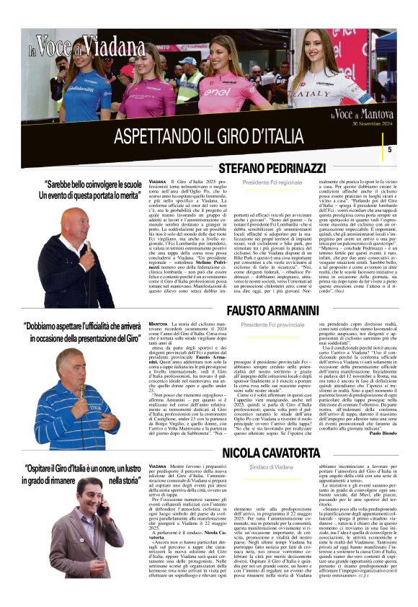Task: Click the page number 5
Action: (x=390, y=149)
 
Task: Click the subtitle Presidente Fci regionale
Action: (x=272, y=183)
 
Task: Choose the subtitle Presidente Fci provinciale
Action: (x=272, y=325)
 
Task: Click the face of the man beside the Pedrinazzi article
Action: (x=74, y=229)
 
